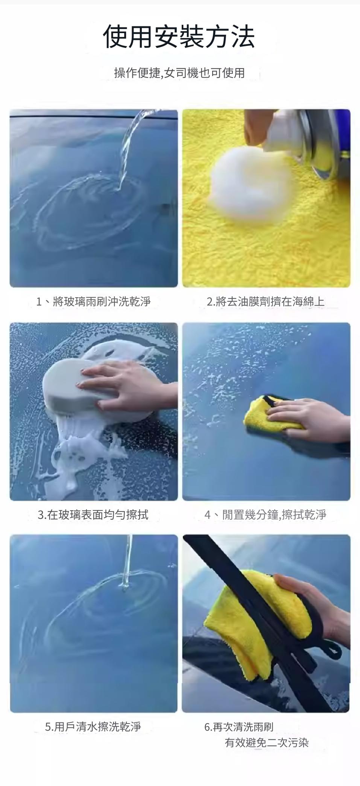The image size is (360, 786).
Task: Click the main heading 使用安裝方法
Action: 179,37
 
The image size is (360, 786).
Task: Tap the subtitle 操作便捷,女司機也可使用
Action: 179,73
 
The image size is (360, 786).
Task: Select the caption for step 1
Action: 93,301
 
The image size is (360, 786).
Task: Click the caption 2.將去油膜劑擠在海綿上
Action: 266,301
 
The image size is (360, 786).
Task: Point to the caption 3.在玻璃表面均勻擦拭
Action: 93,514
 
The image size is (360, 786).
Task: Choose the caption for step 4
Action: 265,514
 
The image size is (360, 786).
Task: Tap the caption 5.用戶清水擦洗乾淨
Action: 93,727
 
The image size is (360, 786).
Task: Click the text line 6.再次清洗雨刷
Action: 239,727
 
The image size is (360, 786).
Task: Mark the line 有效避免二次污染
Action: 267,743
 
